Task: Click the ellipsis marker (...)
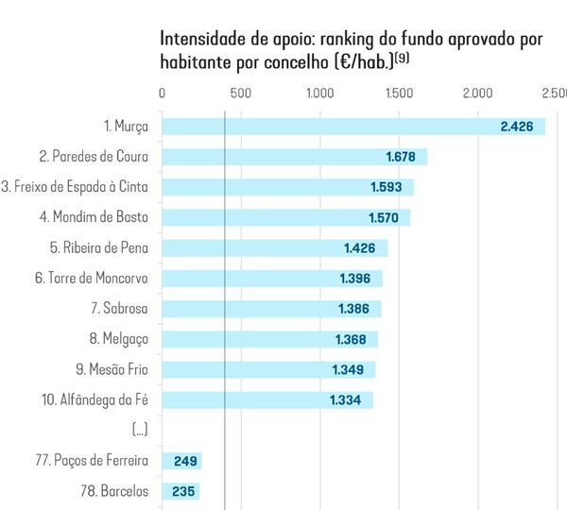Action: pos(140,430)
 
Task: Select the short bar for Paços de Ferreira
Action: pos(182,461)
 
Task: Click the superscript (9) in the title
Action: pos(402,58)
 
